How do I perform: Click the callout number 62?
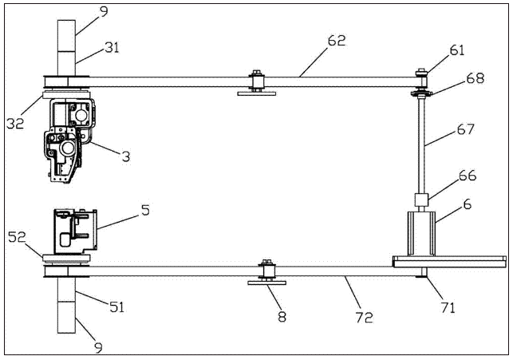point(337,42)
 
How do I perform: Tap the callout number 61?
point(457,50)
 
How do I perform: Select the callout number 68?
point(476,78)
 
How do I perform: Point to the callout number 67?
point(466,129)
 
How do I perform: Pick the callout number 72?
point(364,317)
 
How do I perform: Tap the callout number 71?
point(448,307)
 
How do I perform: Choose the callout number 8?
point(282,316)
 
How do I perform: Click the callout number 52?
point(17,237)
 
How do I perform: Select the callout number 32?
point(15,123)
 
